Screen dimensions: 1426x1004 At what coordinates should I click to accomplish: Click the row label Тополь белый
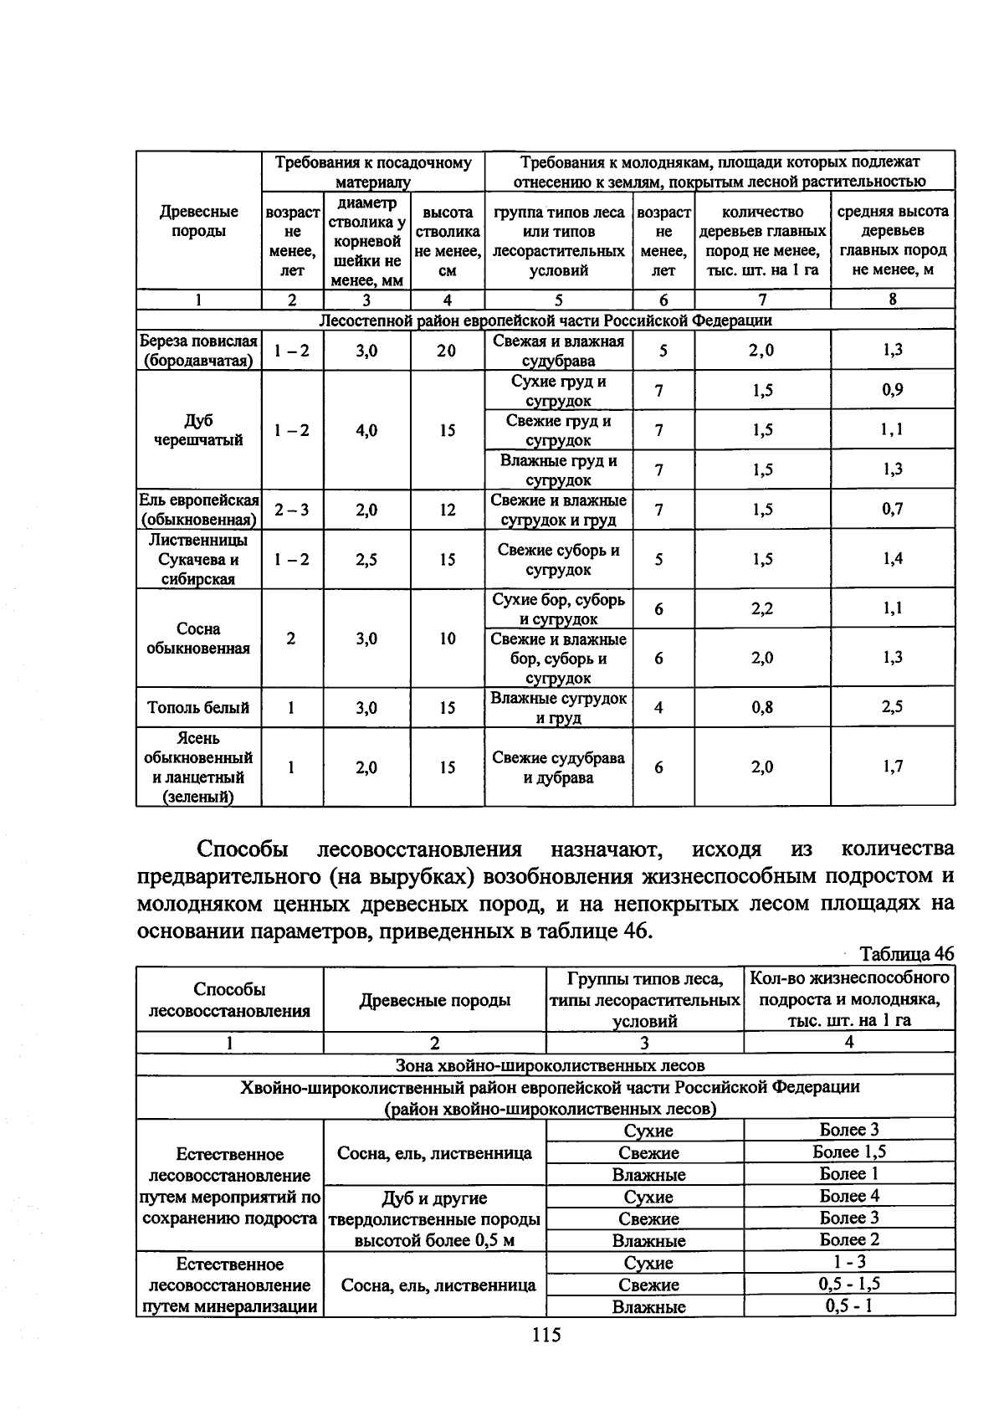[x=198, y=708]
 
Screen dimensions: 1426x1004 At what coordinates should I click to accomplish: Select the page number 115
[x=545, y=1335]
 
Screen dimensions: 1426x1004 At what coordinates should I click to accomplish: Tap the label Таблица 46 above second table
[x=906, y=954]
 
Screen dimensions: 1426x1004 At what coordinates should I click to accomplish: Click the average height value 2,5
[x=892, y=707]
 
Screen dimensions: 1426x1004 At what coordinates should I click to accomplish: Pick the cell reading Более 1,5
[x=849, y=1152]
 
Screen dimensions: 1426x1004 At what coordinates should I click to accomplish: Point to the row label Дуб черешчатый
[x=198, y=430]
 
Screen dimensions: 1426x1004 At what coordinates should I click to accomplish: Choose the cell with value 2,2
[x=761, y=609]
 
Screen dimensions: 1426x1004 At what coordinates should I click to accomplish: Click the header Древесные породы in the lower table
[x=434, y=1000]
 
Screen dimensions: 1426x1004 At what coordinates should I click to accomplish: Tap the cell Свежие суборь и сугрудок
[x=558, y=560]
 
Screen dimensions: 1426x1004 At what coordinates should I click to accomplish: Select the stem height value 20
[x=447, y=351]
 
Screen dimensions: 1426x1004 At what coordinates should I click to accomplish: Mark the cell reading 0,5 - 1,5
[x=849, y=1284]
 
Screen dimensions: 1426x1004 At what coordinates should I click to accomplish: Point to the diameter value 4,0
[x=366, y=430]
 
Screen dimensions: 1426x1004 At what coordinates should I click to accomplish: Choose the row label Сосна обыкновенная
[x=198, y=639]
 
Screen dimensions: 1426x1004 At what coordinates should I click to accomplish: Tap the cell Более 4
[x=849, y=1196]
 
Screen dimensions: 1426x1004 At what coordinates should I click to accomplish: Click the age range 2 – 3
[x=291, y=510]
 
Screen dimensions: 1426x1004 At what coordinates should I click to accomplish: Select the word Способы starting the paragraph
[x=243, y=849]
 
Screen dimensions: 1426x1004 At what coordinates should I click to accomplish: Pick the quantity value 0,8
[x=761, y=707]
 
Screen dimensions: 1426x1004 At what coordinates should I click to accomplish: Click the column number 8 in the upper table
[x=892, y=300]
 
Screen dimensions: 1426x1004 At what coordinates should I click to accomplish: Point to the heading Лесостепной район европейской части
[x=546, y=320]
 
